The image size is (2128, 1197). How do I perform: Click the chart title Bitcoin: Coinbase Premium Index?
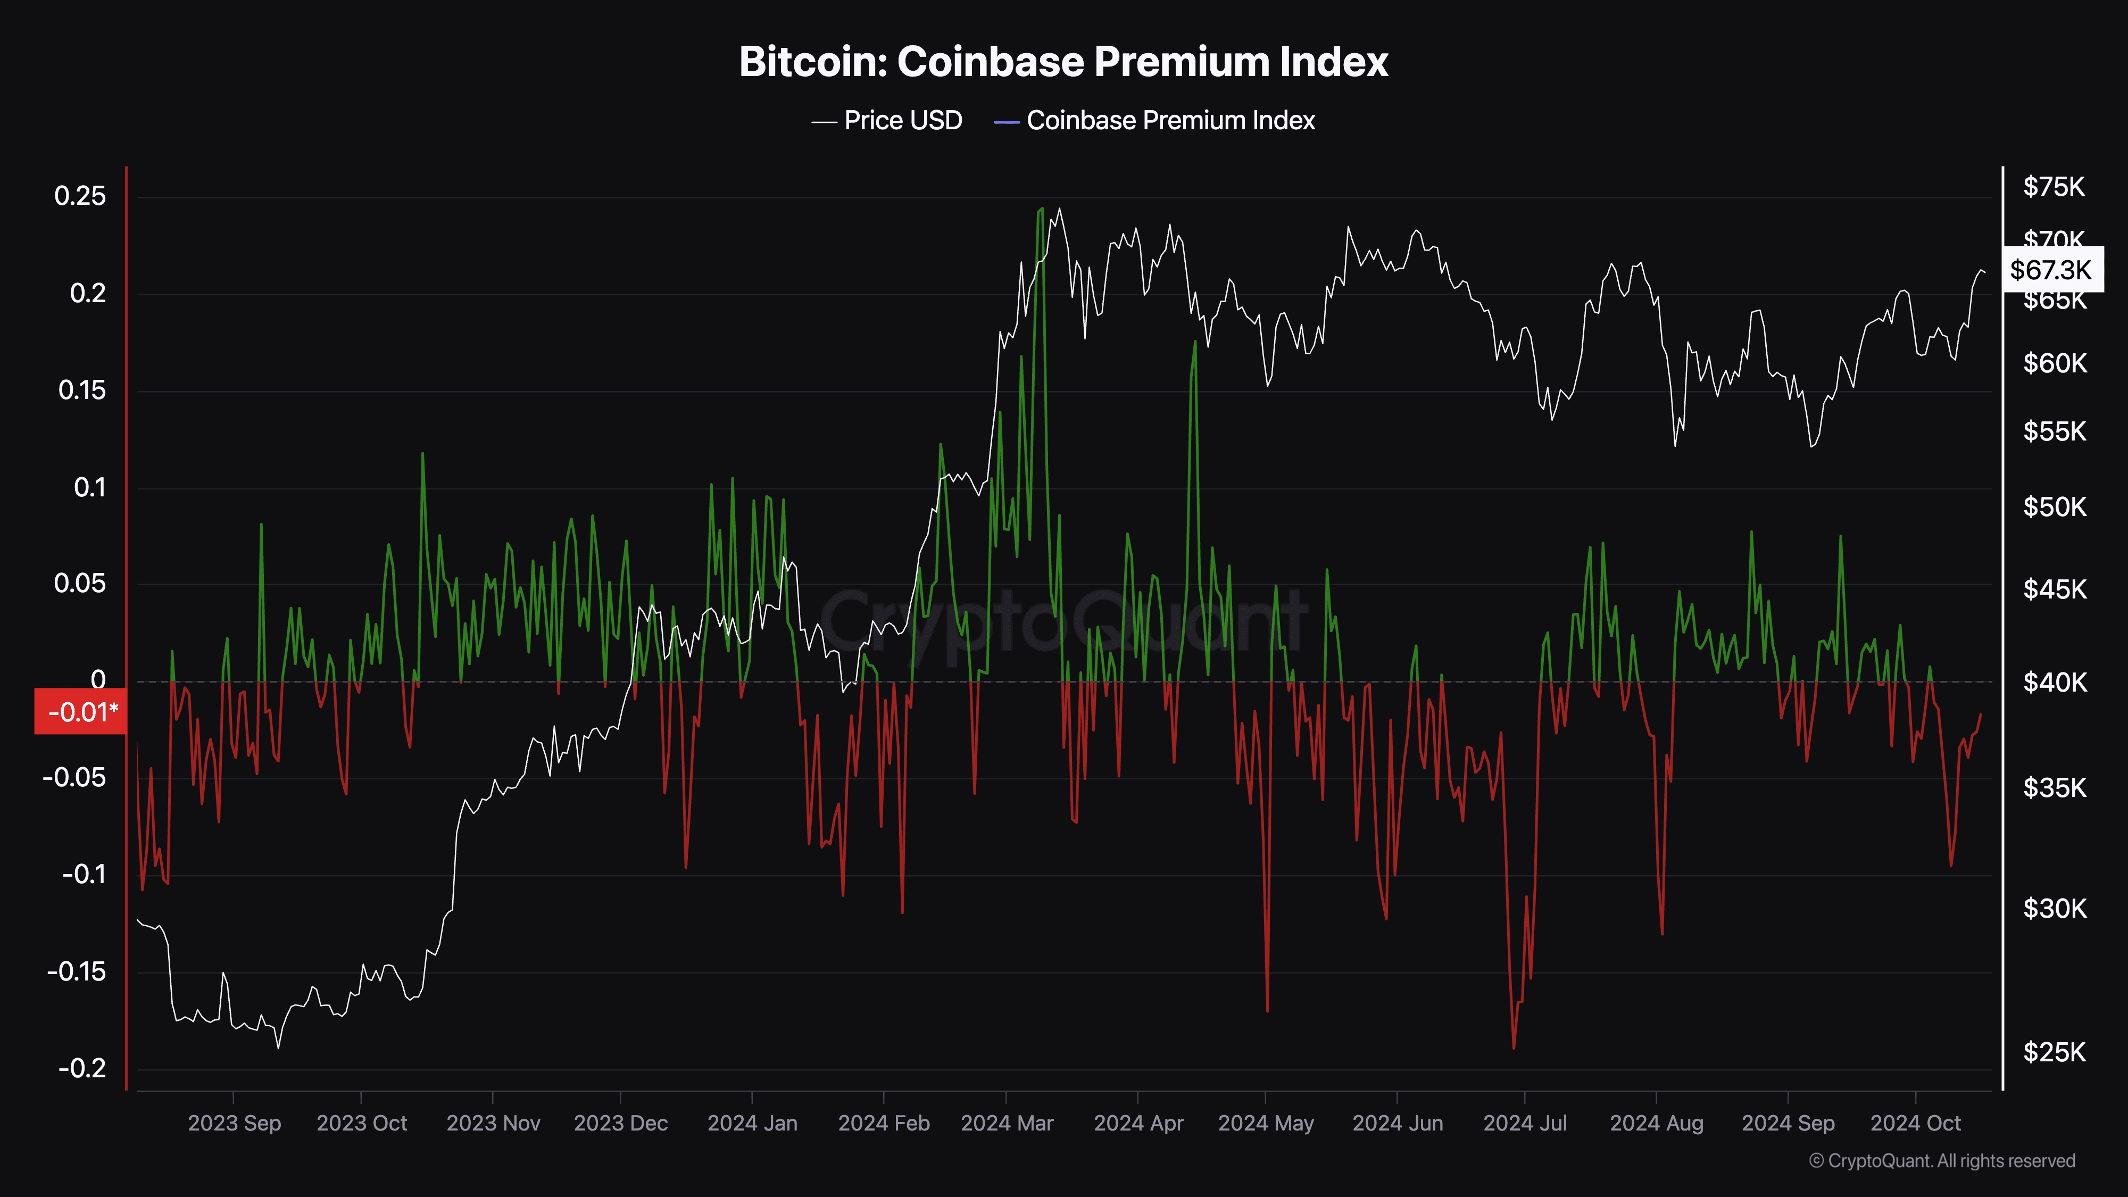pyautogui.click(x=1063, y=62)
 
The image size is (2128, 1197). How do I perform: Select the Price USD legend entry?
pyautogui.click(x=888, y=121)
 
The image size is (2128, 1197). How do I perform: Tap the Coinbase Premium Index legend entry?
pyautogui.click(x=1155, y=121)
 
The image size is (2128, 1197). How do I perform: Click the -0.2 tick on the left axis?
pyautogui.click(x=82, y=1068)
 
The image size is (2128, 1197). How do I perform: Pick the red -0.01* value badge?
pyautogui.click(x=80, y=711)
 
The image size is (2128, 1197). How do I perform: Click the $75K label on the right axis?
pyautogui.click(x=2054, y=187)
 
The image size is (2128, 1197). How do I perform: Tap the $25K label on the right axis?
pyautogui.click(x=2054, y=1052)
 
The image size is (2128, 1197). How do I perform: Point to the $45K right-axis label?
pyautogui.click(x=2054, y=589)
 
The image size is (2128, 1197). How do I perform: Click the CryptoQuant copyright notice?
pyautogui.click(x=1941, y=1161)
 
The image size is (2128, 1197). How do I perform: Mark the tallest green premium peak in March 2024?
pyautogui.click(x=1041, y=209)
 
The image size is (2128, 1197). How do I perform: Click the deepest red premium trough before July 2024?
pyautogui.click(x=1514, y=1048)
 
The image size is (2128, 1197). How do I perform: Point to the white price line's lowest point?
pyautogui.click(x=278, y=1048)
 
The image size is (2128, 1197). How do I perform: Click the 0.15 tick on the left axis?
pyautogui.click(x=82, y=390)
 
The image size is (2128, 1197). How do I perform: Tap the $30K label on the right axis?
pyautogui.click(x=2054, y=909)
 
